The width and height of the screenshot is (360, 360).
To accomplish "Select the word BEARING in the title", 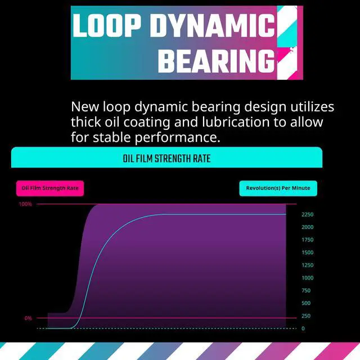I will (x=216, y=61).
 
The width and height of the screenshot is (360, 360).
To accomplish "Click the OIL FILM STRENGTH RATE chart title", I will (x=166, y=159).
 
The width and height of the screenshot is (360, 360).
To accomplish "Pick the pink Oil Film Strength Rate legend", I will (x=50, y=188).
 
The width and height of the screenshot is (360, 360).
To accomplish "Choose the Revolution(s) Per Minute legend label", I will (x=278, y=188).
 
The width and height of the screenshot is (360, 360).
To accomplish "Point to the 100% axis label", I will (x=26, y=204).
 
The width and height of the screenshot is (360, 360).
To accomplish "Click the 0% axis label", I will (x=28, y=318).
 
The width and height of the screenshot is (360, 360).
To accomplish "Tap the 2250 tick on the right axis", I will (x=308, y=215).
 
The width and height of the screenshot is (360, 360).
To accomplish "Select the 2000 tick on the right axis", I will (x=308, y=227).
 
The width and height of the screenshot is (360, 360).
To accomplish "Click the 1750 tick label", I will (x=308, y=240).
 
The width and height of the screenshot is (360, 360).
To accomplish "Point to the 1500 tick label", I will (x=308, y=253).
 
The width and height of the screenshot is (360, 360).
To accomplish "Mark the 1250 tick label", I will (x=308, y=265).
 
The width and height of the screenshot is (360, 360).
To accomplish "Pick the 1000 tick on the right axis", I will (x=308, y=278).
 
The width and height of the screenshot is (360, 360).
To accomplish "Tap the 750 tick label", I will (x=306, y=291).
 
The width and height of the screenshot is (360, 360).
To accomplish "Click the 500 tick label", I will (x=306, y=303).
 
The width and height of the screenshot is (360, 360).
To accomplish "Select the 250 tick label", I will (x=306, y=316).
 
